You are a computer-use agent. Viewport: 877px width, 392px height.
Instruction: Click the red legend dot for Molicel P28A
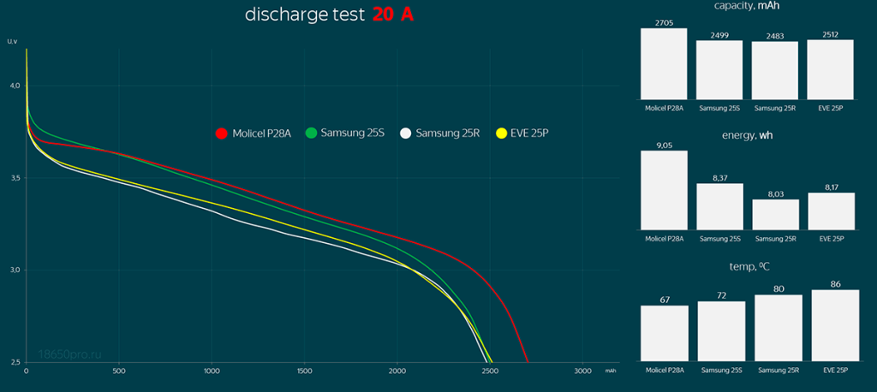click(221, 133)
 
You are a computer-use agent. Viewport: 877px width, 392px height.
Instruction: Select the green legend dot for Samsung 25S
click(311, 133)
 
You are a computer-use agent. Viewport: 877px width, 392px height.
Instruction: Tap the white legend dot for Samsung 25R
click(405, 133)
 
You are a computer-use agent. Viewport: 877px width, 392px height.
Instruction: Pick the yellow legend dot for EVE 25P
click(502, 133)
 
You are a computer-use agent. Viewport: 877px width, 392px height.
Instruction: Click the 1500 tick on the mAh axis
click(304, 371)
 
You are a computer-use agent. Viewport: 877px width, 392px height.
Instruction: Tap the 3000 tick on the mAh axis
click(582, 371)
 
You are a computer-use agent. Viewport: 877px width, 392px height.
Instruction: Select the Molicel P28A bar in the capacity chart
click(664, 64)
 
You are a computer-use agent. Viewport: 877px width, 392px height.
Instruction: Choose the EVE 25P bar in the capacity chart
click(830, 69)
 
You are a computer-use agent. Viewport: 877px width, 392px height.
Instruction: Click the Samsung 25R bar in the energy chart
click(775, 214)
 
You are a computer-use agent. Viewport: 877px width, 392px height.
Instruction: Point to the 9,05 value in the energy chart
click(664, 146)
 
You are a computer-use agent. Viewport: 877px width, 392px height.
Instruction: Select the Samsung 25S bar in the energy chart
click(719, 206)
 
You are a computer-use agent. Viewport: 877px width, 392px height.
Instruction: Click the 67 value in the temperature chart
click(664, 300)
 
